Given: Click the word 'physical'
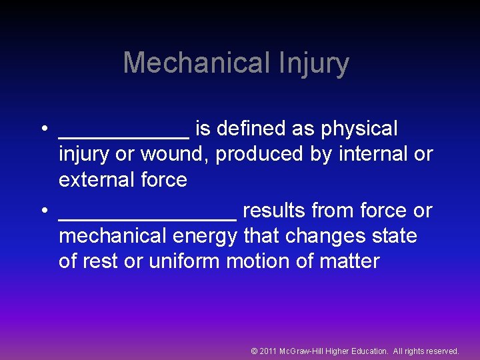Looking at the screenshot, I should [361, 128].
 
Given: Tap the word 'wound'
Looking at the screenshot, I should [175, 154].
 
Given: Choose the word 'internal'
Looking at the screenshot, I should [373, 154].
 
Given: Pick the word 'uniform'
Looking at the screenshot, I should [185, 261].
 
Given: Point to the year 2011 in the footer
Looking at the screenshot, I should [269, 351].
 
